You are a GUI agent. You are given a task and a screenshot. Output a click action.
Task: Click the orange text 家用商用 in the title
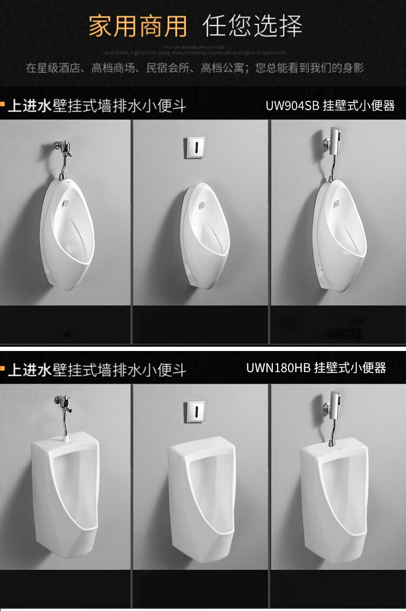pos(137,26)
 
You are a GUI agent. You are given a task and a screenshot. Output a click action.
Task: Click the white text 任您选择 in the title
pos(252,26)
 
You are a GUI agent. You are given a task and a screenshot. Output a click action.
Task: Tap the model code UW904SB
pos(292,106)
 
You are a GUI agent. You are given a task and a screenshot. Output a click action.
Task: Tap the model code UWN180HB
pos(278,368)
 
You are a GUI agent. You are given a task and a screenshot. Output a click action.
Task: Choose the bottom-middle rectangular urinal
pos(201,493)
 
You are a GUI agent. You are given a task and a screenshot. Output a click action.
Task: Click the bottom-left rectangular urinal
pos(65,493)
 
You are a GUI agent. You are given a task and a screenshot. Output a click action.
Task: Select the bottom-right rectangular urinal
pos(334,493)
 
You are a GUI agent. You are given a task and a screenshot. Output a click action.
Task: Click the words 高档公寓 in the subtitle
pos(222,69)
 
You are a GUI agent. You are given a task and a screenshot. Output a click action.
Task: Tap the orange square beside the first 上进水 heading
pos(3,102)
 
